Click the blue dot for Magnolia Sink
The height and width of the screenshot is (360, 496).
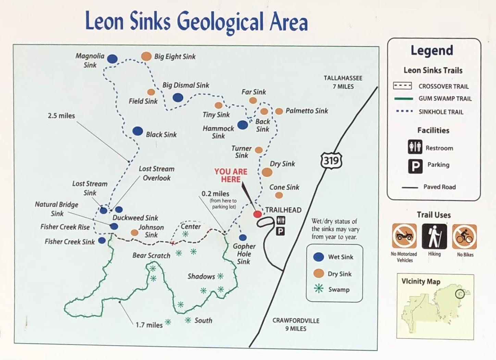(x=112, y=59)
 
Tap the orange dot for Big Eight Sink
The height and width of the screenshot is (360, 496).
(x=146, y=56)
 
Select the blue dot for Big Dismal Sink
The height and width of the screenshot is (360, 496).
(x=178, y=98)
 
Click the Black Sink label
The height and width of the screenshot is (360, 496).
(x=161, y=134)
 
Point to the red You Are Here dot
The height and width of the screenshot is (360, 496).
(x=257, y=214)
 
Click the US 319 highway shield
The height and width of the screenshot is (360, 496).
(x=331, y=160)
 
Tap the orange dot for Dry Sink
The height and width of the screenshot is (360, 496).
(x=267, y=172)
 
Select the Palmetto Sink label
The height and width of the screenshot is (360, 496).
(x=307, y=111)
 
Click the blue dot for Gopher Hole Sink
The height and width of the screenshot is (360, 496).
(x=243, y=237)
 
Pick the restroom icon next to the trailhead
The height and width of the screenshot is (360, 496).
(x=281, y=220)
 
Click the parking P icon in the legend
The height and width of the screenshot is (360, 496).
(x=415, y=166)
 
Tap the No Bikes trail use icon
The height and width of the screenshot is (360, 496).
(x=464, y=236)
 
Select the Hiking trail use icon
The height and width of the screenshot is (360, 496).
(x=434, y=236)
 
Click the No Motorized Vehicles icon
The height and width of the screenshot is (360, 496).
(x=404, y=236)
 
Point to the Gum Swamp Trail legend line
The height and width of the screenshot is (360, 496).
(x=403, y=99)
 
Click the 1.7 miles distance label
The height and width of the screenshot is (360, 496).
(x=149, y=325)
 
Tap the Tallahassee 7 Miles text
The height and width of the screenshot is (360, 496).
(x=343, y=82)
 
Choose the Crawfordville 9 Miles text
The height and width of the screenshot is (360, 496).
(x=296, y=324)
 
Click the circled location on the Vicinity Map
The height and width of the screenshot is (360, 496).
(x=460, y=294)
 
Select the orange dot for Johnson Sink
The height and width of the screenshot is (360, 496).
(x=135, y=233)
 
